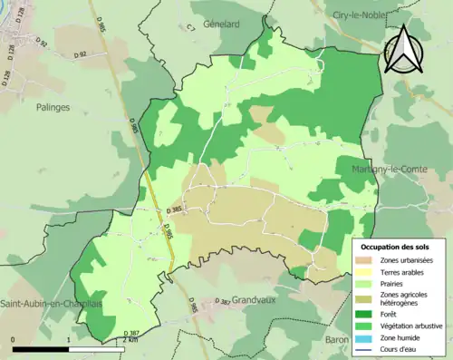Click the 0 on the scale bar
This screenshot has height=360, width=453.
pos(14,337)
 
